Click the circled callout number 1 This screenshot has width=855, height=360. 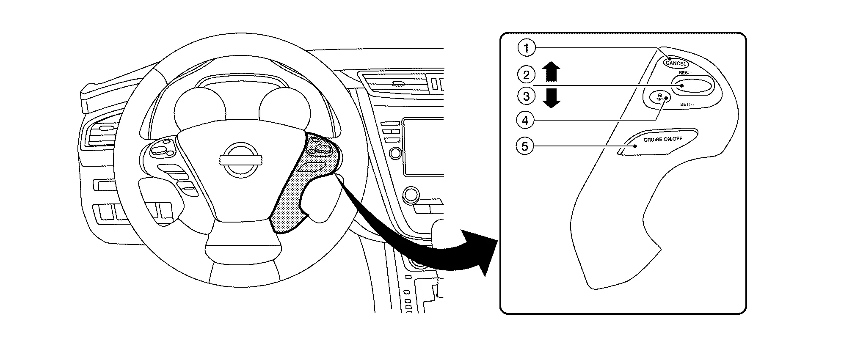point(526,48)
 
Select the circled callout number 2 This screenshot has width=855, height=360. point(526,75)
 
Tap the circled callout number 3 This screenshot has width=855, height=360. point(526,96)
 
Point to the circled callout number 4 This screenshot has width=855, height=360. point(525,121)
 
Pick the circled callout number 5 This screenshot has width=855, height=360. point(525,146)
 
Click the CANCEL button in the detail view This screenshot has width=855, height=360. point(676,63)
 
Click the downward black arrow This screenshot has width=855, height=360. point(551,98)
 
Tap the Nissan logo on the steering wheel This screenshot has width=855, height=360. point(240,159)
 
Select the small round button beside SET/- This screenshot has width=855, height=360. point(659,97)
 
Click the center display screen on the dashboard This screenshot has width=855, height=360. point(423,146)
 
